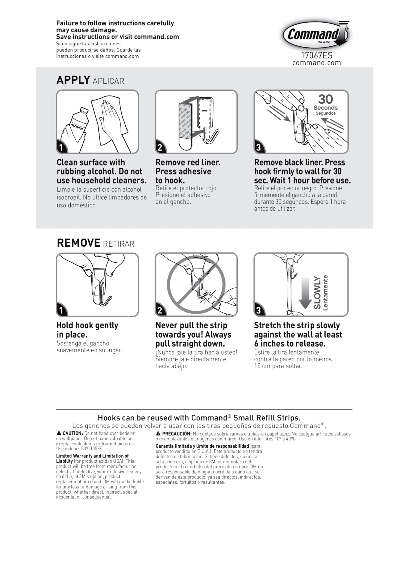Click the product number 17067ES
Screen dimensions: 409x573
[317, 55]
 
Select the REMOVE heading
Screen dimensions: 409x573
[79, 243]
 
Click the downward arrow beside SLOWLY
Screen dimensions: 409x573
[305, 293]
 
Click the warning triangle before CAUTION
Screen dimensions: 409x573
[59, 433]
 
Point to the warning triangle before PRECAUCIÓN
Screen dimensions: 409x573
[158, 433]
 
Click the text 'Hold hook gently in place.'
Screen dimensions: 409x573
[87, 330]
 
